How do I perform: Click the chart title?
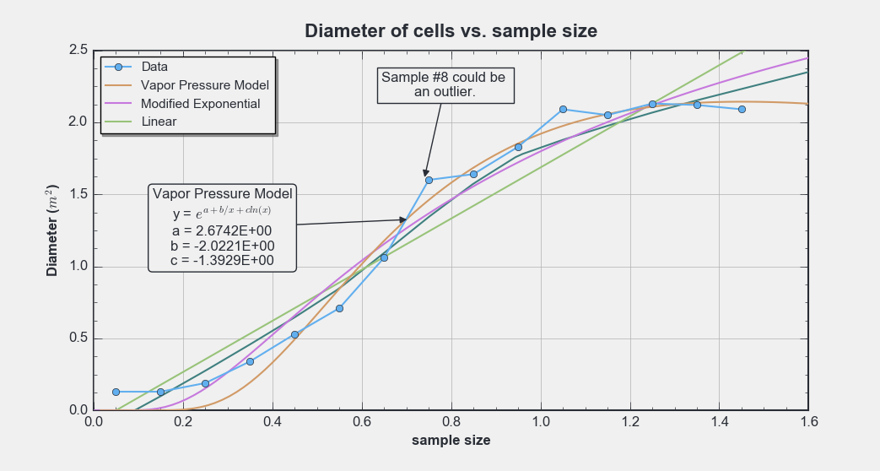point(451,32)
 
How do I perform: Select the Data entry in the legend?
point(154,67)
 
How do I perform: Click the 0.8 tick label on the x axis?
point(451,422)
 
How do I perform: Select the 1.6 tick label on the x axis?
point(808,422)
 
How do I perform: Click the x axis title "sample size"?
point(451,441)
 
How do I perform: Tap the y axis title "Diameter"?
point(53,230)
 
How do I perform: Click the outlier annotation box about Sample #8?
point(445,84)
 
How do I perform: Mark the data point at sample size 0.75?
point(429,180)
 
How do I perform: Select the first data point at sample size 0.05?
point(116,392)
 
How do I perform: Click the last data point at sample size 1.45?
point(742,109)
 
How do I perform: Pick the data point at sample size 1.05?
point(563,109)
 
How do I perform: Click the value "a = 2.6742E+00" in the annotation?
point(222,230)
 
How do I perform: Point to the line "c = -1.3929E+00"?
point(222,261)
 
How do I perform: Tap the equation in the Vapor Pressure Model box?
point(222,214)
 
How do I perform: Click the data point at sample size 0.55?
point(339,308)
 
